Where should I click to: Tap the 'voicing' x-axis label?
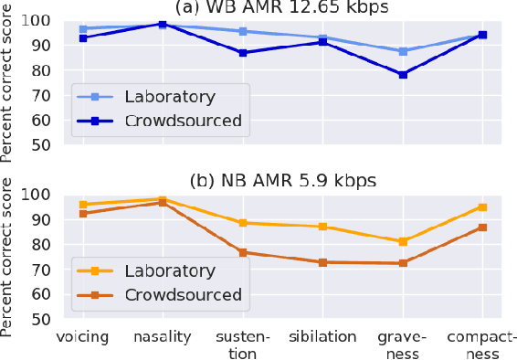[x=82, y=336]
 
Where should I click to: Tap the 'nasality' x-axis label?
[x=163, y=336]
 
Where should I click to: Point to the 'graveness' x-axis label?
[x=403, y=344]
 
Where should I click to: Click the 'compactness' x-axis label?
[x=483, y=344]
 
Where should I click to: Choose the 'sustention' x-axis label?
[x=243, y=344]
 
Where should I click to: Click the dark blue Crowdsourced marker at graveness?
[x=403, y=74]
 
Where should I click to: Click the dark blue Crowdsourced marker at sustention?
[x=243, y=53]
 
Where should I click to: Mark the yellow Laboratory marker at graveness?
[x=403, y=241]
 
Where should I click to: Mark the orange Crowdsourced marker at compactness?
[x=483, y=228]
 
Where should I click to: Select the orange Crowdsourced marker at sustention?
[x=243, y=252]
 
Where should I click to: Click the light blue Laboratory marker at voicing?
[x=82, y=29]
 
